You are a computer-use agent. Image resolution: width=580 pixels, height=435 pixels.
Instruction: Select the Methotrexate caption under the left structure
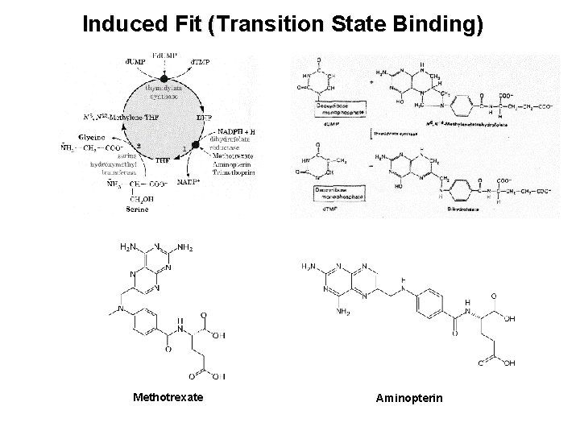coord(168,397)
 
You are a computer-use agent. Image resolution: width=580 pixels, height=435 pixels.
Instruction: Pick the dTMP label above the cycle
coord(201,61)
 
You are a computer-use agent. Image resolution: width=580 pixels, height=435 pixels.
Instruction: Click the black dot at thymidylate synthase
coord(168,72)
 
